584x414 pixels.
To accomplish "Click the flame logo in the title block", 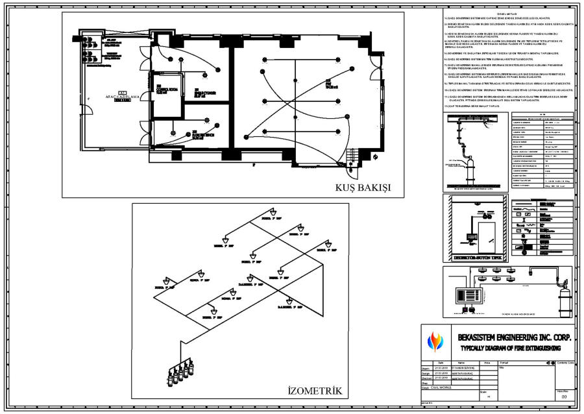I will point(433,342).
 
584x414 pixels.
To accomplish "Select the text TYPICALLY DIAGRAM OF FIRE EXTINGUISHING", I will point(508,348).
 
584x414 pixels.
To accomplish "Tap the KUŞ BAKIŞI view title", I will point(363,188).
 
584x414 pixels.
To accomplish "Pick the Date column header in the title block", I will point(440,363).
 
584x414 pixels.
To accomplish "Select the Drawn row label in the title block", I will point(426,367).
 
